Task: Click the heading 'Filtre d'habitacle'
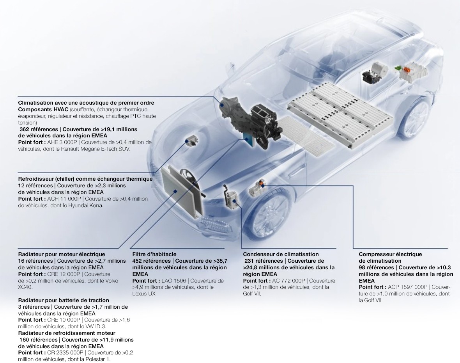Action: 154,254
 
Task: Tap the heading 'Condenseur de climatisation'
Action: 281,254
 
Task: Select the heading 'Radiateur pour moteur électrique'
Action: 62,254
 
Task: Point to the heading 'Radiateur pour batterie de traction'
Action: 64,300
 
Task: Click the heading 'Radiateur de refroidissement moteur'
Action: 67,333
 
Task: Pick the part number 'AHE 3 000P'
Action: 62,142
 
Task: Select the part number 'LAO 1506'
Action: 174,281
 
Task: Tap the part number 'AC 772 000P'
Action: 289,281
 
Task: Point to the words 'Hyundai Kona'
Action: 85,205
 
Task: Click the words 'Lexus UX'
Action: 143,294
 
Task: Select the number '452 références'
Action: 151,261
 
